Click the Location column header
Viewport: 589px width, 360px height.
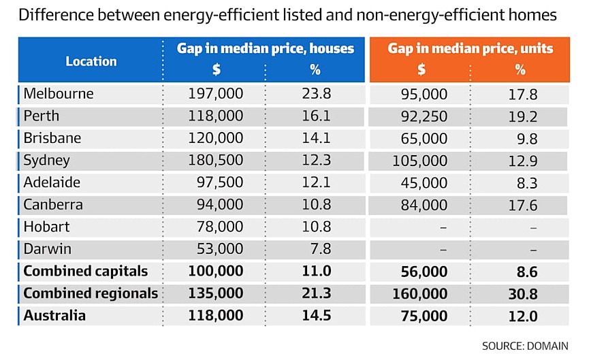pos(91,61)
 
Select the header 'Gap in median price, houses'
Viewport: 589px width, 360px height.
pos(265,48)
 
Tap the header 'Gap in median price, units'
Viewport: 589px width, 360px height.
pos(471,48)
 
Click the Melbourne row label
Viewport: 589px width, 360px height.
pos(59,93)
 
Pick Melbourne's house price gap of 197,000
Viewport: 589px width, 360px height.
pos(215,93)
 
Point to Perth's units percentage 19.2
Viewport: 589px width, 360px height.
pos(522,116)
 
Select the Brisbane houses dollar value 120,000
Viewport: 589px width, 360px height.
pos(215,138)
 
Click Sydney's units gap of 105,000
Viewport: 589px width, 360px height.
pos(419,161)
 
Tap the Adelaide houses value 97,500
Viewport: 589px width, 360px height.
pos(220,182)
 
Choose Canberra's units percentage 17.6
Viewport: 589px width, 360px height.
pos(522,205)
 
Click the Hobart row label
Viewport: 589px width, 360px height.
pos(46,227)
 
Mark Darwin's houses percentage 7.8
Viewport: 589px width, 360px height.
pos(321,249)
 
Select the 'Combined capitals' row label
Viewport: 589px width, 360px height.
pos(86,271)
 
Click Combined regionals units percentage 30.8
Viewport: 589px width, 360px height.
pos(522,294)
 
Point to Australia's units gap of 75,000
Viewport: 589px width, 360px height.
pos(424,316)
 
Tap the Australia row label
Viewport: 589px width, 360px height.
pos(54,315)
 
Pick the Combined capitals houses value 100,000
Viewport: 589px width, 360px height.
pos(215,271)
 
